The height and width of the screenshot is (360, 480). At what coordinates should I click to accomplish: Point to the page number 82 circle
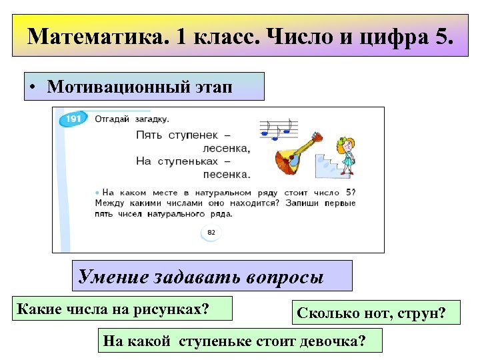coord(211,233)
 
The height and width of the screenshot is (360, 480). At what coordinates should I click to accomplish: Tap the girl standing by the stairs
coord(346,153)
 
